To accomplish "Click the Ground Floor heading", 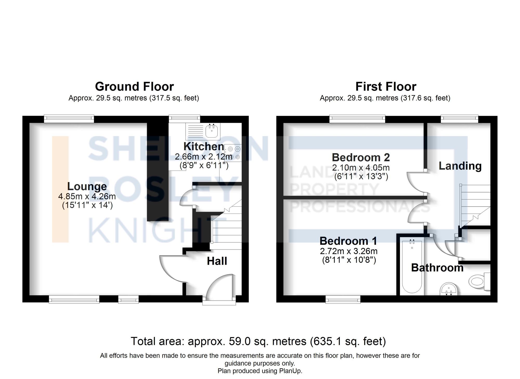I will (x=134, y=87).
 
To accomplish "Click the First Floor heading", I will (x=386, y=87).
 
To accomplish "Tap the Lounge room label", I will (x=87, y=186).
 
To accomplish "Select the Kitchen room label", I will (x=204, y=146).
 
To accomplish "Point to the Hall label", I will (x=217, y=261).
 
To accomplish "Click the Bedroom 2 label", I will (x=361, y=158).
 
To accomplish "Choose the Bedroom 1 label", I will (x=348, y=241).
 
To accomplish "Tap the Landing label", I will (x=460, y=166).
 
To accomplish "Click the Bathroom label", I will (x=437, y=268).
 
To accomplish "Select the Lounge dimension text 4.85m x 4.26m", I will (x=87, y=196).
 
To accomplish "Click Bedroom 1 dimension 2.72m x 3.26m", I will (x=349, y=251).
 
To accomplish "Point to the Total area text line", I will (x=258, y=341).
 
